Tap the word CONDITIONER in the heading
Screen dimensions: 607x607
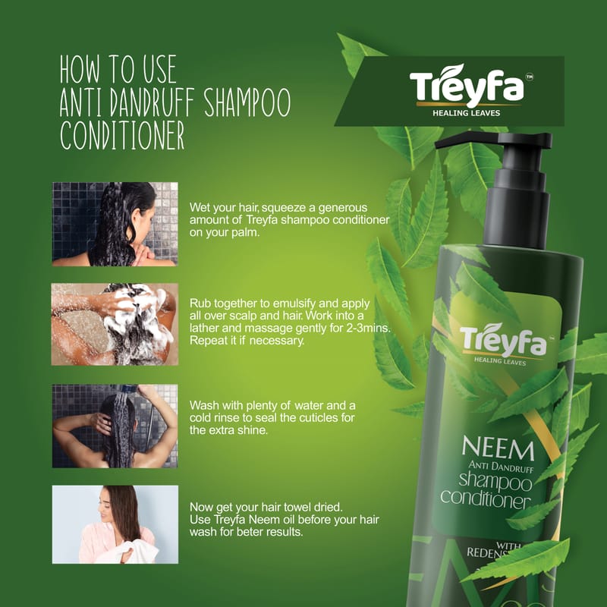pyautogui.click(x=122, y=136)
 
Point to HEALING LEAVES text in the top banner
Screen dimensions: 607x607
pyautogui.click(x=466, y=113)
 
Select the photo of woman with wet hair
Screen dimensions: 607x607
pyautogui.click(x=115, y=224)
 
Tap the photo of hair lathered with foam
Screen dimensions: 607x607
pyautogui.click(x=115, y=325)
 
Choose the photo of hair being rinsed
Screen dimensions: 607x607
pyautogui.click(x=115, y=426)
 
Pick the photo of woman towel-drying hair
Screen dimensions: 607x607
pyautogui.click(x=115, y=524)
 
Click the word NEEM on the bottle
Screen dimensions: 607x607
pyautogui.click(x=498, y=448)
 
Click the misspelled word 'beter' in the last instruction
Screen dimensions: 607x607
pyautogui.click(x=250, y=532)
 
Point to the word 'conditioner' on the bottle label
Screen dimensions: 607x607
pyautogui.click(x=485, y=499)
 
